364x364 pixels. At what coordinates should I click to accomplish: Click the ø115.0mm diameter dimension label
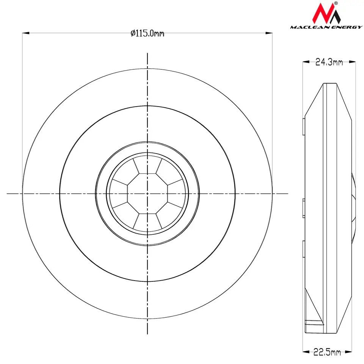point(147,33)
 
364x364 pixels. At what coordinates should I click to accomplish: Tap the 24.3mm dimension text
point(329,62)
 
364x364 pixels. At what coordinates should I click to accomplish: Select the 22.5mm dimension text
point(327,352)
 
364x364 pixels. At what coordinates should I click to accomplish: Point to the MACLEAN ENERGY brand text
point(326,27)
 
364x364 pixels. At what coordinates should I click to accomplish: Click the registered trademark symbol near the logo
point(336,3)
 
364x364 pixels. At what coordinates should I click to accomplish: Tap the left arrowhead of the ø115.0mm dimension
point(26,33)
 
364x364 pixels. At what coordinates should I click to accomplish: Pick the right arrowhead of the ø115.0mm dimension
point(269,33)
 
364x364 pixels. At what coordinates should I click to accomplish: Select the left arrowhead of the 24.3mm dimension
point(306,62)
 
